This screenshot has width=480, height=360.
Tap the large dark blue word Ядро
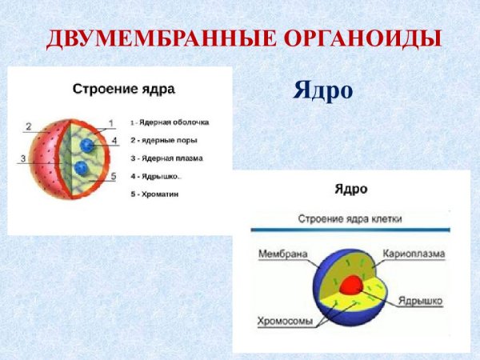click(322, 90)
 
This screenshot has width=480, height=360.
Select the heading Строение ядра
click(123, 89)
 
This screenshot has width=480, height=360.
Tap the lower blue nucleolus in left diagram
click(81, 169)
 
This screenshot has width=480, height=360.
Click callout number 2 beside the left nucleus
click(27, 126)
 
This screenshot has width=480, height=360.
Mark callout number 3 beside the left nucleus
click(23, 158)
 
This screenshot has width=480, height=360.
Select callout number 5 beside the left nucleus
click(113, 176)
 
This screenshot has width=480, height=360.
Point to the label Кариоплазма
click(414, 254)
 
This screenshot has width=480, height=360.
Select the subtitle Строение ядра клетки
click(350, 218)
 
